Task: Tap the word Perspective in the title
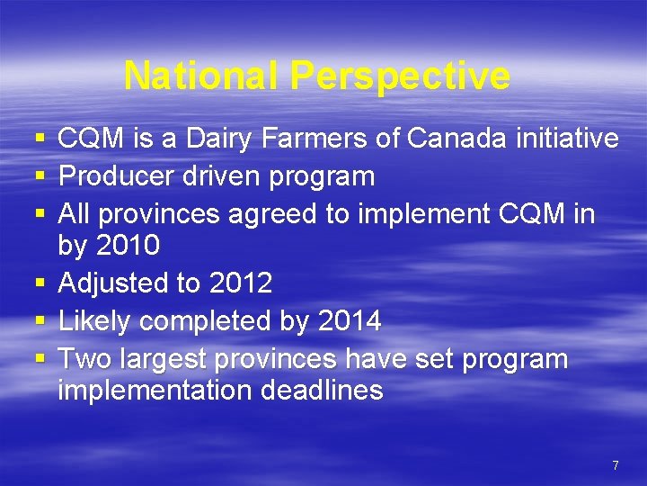pos(400,76)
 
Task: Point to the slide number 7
pos(615,465)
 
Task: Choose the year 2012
pos(240,283)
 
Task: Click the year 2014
pos(349,320)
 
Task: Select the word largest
pos(159,359)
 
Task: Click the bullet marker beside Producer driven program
pos(39,177)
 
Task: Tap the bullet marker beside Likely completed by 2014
pos(39,321)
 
